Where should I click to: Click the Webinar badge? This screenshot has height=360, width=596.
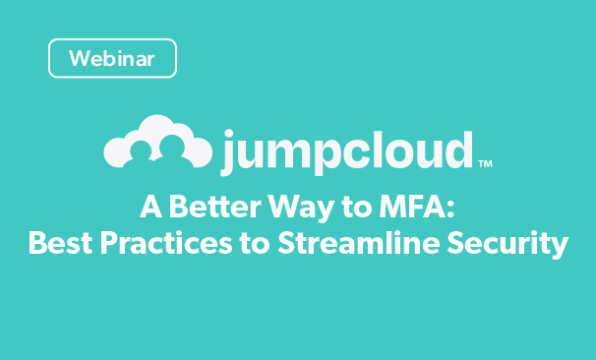[112, 58]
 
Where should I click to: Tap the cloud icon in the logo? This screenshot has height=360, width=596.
[157, 144]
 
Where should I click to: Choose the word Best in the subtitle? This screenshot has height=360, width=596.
[58, 242]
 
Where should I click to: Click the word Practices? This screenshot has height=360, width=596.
[166, 242]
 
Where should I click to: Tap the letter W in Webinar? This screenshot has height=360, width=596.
[79, 58]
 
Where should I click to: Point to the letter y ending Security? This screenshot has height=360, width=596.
[558, 245]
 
